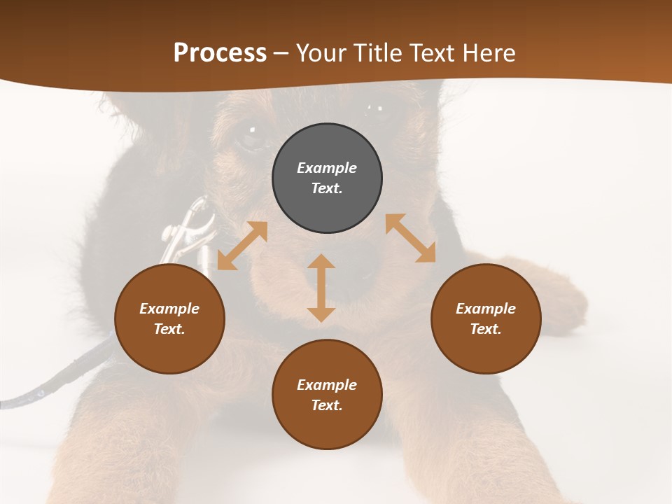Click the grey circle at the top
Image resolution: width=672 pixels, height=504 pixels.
327,178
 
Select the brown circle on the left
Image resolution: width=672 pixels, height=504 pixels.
169,319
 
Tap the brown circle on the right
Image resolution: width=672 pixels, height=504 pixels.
486,319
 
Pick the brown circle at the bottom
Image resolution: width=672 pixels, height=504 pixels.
327,395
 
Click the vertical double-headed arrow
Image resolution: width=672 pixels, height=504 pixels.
321,288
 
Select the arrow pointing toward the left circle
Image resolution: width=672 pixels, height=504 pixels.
242,246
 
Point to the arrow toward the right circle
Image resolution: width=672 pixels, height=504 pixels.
410,238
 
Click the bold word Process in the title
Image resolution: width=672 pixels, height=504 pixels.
220,53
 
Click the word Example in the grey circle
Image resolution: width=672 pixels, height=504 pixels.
327,168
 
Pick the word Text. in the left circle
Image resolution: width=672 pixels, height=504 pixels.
169,329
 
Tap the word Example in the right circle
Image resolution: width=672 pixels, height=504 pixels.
486,309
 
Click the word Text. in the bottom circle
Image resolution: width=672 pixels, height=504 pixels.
327,405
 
